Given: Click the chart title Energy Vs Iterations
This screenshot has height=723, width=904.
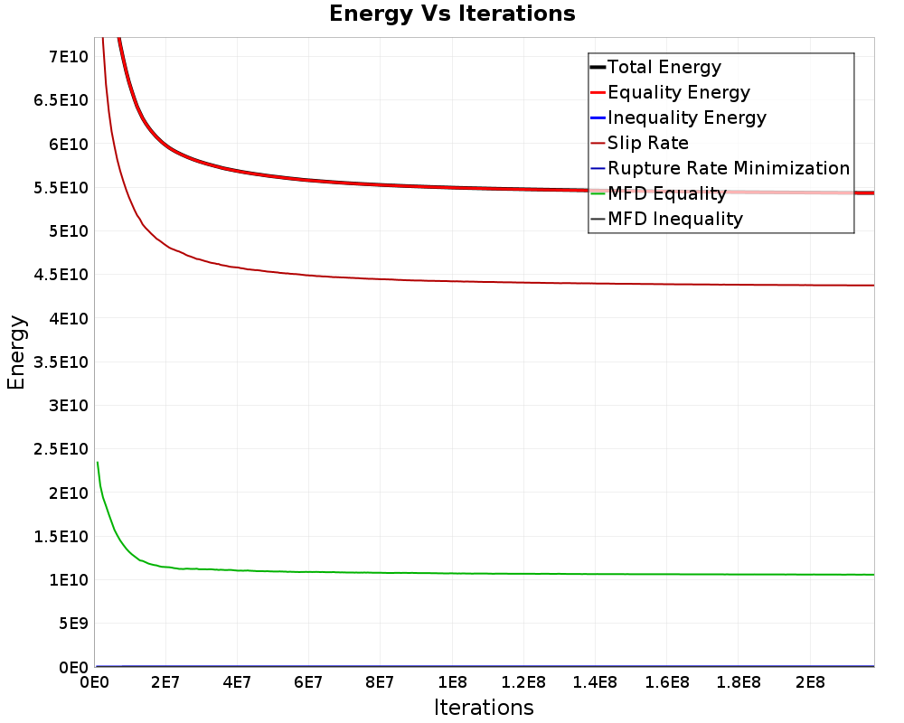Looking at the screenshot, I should [x=452, y=14].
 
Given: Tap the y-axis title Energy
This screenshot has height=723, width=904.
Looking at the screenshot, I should [x=16, y=352].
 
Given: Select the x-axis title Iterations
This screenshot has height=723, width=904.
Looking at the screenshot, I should [x=484, y=707].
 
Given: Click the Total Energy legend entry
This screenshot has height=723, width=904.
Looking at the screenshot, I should [x=664, y=67].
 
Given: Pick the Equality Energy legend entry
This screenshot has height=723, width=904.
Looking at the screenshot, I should [x=679, y=92].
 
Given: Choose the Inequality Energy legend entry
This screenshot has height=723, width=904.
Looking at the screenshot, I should [x=687, y=117].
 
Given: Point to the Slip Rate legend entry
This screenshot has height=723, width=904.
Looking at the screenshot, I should [x=648, y=143].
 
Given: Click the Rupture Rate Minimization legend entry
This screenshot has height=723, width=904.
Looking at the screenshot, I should [x=729, y=168].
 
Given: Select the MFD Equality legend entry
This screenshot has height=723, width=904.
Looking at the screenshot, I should [x=667, y=193].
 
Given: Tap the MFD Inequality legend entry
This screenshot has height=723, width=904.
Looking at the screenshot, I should [x=675, y=219].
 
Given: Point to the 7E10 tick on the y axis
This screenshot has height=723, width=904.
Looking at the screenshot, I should [x=66, y=57].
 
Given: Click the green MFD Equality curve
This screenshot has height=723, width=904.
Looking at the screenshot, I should [x=452, y=573].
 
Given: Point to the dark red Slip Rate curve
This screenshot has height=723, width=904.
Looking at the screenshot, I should [x=452, y=281].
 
